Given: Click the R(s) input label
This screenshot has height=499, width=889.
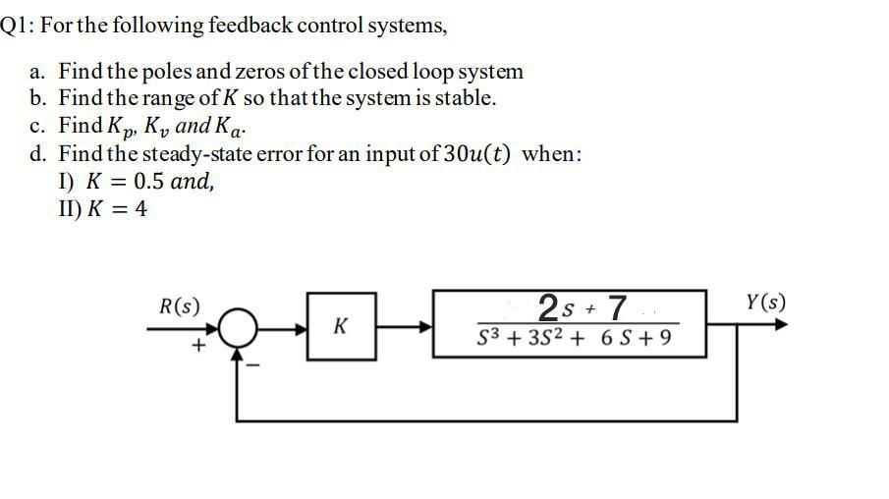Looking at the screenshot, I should tap(179, 305).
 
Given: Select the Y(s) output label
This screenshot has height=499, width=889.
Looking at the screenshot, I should tap(763, 302).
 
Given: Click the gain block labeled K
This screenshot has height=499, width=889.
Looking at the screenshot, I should tap(339, 326).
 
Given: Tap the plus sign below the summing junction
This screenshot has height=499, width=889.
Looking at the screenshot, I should tap(198, 347).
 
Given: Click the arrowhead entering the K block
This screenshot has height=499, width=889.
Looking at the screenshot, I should tap(300, 327).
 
